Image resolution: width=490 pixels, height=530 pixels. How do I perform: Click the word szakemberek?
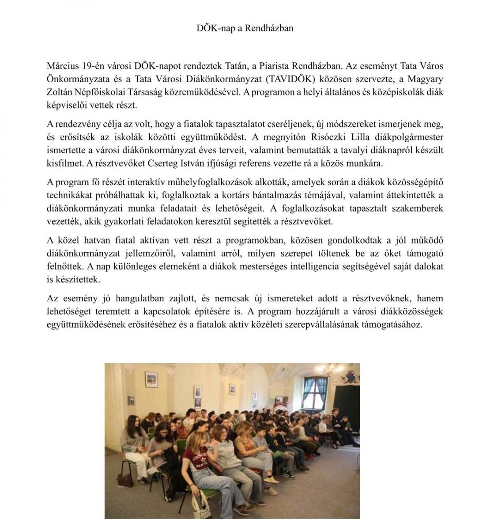click(411, 208)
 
